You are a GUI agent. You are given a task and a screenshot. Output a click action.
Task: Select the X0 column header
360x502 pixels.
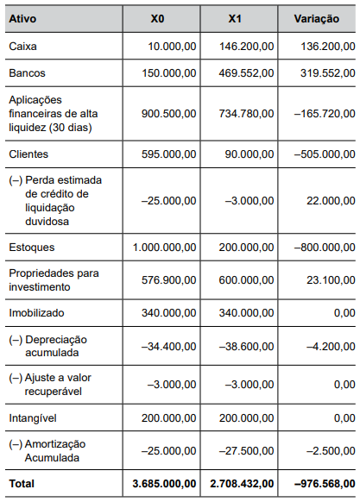point(157,18)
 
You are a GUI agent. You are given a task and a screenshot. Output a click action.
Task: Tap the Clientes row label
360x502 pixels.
point(28,154)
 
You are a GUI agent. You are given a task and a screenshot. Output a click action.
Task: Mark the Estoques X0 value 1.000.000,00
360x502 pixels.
point(164,247)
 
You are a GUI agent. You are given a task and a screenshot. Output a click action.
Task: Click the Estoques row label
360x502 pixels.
point(32,247)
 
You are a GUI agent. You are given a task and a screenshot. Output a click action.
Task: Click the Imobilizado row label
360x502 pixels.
point(36,312)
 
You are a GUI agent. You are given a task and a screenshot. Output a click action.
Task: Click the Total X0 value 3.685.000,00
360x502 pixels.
point(162,482)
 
